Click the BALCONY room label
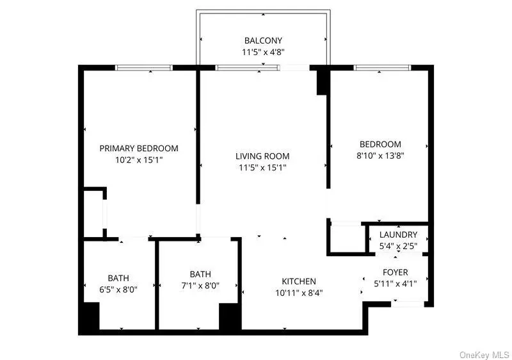pos(262,41)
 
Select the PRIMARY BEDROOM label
pos(139,148)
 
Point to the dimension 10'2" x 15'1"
pos(139,160)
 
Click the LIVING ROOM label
pos(262,156)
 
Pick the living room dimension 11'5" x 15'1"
pos(262,168)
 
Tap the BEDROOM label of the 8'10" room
pos(380,144)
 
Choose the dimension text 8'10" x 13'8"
pos(380,155)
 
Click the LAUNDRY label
pos(398,234)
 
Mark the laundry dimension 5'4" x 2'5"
pos(398,245)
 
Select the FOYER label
pos(396,272)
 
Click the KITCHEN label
pos(299,281)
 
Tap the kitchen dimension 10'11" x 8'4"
pos(299,293)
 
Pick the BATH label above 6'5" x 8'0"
pos(118,278)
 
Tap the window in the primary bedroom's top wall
pos(143,67)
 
